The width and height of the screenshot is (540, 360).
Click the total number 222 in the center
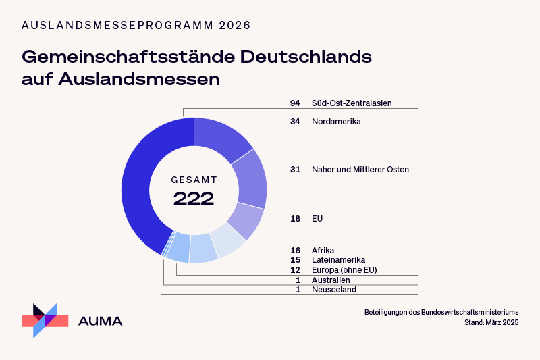[194, 199]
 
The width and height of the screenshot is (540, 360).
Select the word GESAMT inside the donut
[194, 180]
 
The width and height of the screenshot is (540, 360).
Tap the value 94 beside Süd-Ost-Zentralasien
[295, 103]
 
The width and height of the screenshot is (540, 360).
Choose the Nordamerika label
[336, 122]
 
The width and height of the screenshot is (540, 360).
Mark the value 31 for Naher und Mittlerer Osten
[295, 170]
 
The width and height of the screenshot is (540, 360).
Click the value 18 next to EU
[295, 219]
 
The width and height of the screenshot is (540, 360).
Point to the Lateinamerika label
[338, 260]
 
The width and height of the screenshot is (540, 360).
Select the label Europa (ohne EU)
[344, 270]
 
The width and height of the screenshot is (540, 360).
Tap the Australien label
[331, 280]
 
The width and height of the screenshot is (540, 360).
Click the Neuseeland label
[333, 290]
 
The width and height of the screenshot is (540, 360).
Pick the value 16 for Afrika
[295, 250]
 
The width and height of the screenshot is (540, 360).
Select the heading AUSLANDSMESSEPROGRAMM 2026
[136, 25]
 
